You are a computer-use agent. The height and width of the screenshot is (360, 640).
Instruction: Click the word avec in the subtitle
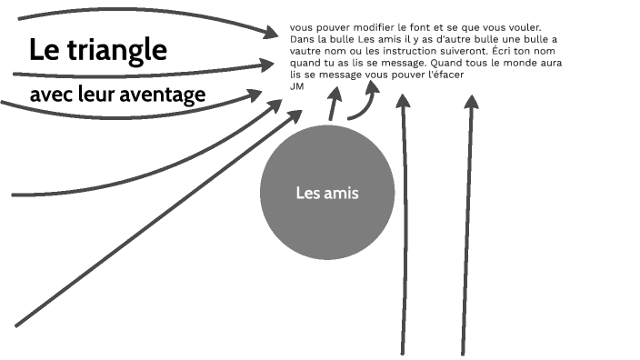[x=48, y=95]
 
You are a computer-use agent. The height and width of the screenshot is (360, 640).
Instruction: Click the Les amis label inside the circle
[x=327, y=193]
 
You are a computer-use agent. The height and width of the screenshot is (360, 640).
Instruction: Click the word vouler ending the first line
[x=521, y=27]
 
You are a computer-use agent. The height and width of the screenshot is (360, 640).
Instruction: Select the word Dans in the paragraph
[x=302, y=39]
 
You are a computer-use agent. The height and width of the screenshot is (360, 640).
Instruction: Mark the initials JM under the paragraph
[x=296, y=85]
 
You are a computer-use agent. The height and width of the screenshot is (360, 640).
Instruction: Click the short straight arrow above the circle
[x=334, y=105]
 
